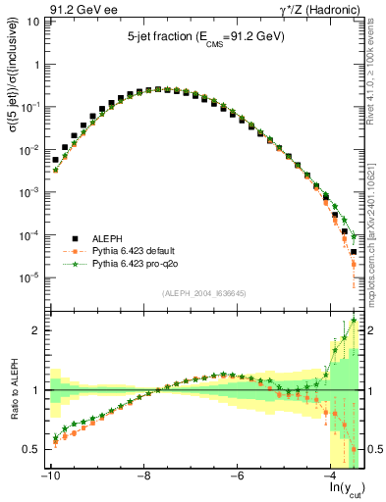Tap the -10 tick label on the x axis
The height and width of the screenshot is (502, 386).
[48, 476]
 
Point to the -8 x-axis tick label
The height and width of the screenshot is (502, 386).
[142, 476]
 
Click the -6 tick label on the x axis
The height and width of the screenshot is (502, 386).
[237, 476]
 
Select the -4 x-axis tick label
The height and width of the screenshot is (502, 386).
[331, 476]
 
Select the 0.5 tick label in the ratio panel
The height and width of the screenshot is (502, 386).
[29, 449]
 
